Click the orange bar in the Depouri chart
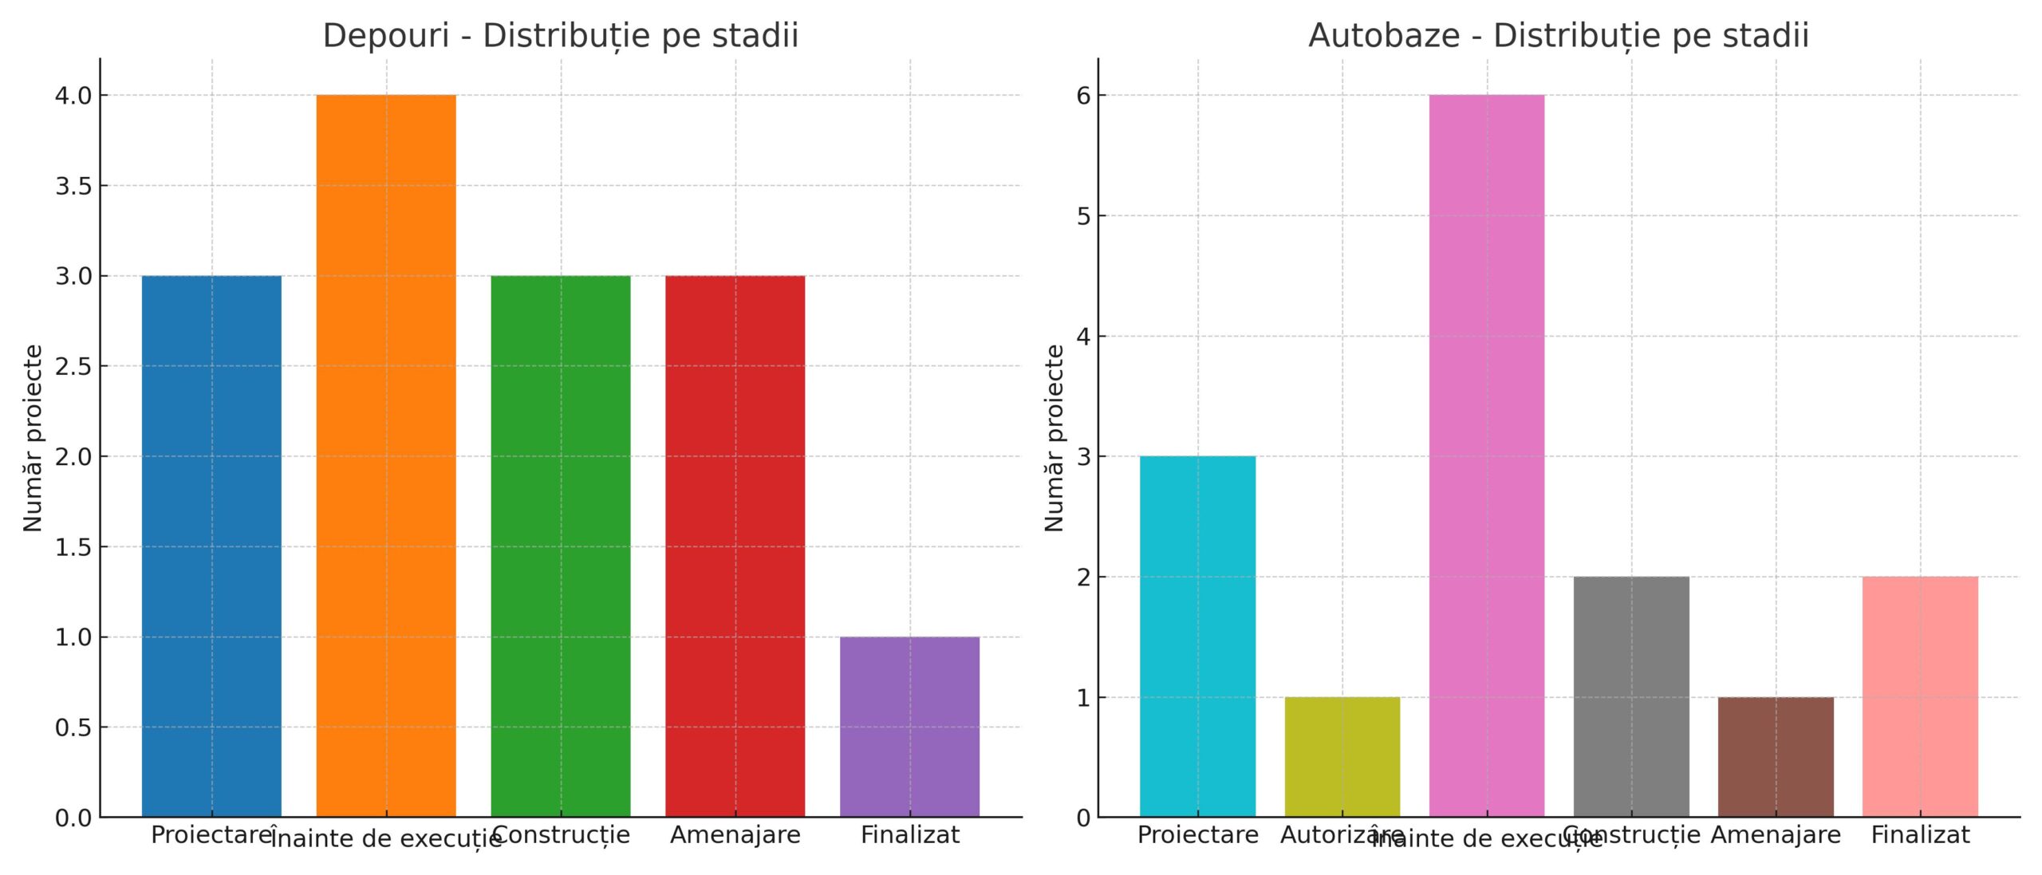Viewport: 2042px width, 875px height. (x=386, y=455)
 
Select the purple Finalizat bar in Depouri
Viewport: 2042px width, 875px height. (x=909, y=727)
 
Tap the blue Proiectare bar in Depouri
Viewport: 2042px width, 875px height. (x=211, y=546)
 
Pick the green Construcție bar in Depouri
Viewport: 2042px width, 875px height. (x=560, y=546)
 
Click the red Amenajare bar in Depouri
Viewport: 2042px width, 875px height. (x=735, y=546)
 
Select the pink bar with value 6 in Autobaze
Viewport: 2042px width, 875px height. (x=1486, y=455)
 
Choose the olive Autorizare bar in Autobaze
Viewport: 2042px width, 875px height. (x=1342, y=757)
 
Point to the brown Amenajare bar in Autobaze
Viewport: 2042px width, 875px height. (x=1776, y=757)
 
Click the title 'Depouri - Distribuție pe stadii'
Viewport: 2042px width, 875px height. (x=560, y=36)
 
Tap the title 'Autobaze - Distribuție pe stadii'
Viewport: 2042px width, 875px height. (x=1558, y=36)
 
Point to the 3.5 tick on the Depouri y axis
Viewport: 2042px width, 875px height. (x=73, y=186)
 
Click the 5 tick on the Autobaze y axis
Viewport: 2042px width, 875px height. (x=1082, y=216)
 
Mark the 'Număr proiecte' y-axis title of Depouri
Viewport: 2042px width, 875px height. (x=33, y=438)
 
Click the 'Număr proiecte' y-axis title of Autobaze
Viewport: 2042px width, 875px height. (x=1054, y=438)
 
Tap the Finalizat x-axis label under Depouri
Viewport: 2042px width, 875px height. (x=909, y=835)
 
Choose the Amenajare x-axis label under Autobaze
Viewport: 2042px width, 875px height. (x=1776, y=835)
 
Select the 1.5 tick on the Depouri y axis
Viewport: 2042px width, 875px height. (x=73, y=547)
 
